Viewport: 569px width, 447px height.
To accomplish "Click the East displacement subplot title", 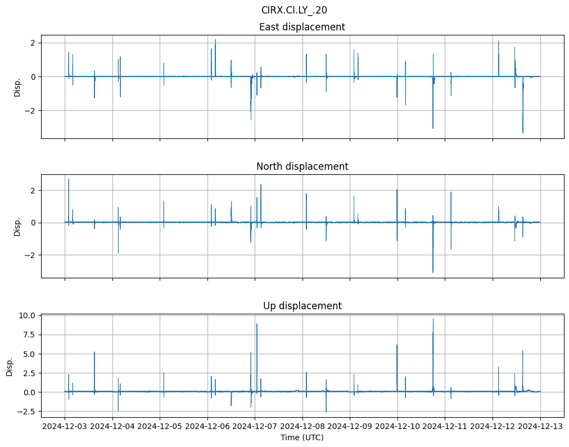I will click(302, 27).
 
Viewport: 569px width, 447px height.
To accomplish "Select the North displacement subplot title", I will click(302, 166).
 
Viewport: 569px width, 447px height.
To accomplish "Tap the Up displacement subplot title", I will click(302, 306).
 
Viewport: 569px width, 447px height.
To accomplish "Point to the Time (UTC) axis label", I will click(302, 437).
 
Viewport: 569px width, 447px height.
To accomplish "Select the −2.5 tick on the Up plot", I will click(27, 412).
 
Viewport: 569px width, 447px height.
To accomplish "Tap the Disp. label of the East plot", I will click(17, 87).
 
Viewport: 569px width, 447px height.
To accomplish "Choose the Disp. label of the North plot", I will click(17, 227).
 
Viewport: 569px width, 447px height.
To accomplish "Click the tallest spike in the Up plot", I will click(433, 319).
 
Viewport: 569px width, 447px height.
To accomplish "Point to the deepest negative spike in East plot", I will click(523, 133).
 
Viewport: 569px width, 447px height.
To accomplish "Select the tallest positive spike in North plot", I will click(69, 179).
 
